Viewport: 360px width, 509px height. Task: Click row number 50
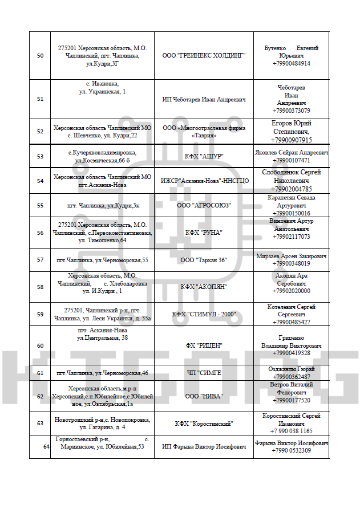point(40,56)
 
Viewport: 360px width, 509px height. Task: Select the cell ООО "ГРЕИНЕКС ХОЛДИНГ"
point(204,56)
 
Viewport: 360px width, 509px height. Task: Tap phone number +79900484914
point(291,63)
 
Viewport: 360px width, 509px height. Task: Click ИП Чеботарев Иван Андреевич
point(204,99)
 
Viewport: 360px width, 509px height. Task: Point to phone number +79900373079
point(291,111)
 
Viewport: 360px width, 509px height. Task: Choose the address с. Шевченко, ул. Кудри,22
point(102,135)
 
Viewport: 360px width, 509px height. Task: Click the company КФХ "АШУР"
point(204,156)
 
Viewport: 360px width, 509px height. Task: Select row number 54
point(40,181)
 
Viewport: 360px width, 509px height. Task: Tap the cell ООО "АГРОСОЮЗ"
point(204,205)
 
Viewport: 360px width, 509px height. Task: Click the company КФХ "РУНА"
point(204,233)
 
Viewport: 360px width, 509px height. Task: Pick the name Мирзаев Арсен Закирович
point(291,256)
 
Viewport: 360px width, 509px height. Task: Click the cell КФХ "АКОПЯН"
point(204,287)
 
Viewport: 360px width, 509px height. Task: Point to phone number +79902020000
point(291,291)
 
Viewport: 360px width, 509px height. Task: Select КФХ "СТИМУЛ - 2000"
point(204,314)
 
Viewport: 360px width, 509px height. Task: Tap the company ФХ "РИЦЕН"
point(204,345)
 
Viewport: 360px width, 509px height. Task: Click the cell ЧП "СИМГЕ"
point(204,373)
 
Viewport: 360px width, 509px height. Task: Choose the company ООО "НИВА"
point(204,396)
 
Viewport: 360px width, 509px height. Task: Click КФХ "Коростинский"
point(204,424)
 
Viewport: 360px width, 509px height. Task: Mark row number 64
point(46,447)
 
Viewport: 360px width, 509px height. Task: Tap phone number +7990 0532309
point(291,450)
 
